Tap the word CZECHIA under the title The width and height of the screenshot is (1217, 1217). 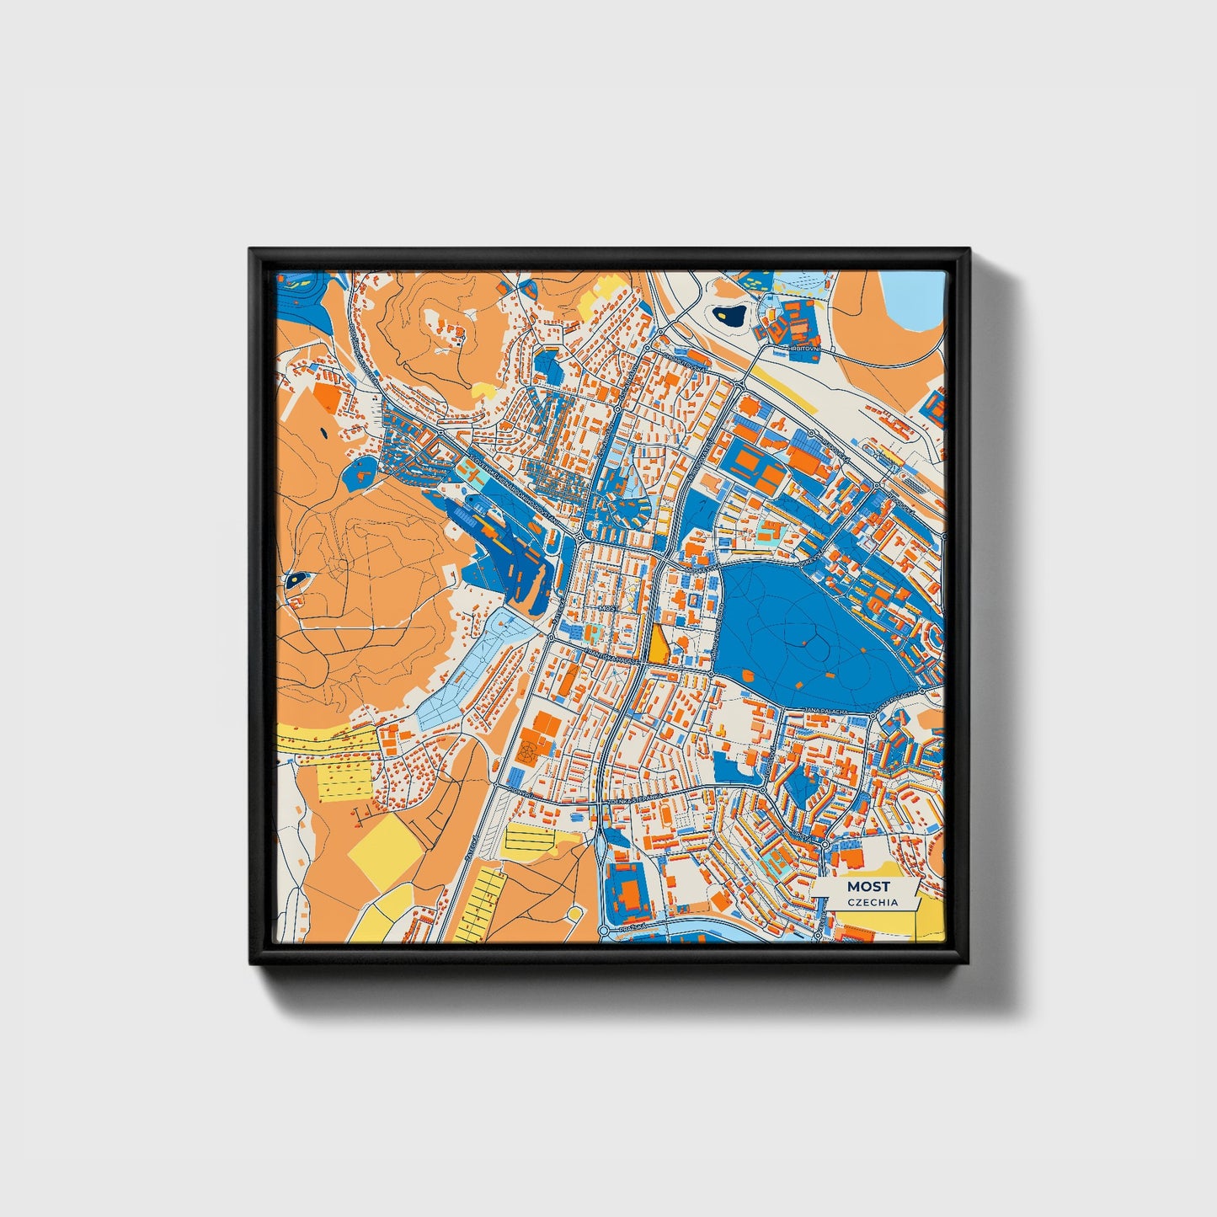(873, 902)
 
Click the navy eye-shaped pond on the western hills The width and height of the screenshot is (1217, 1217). (296, 579)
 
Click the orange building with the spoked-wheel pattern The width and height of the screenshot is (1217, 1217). (527, 751)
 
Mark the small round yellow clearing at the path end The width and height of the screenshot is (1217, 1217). (575, 913)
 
